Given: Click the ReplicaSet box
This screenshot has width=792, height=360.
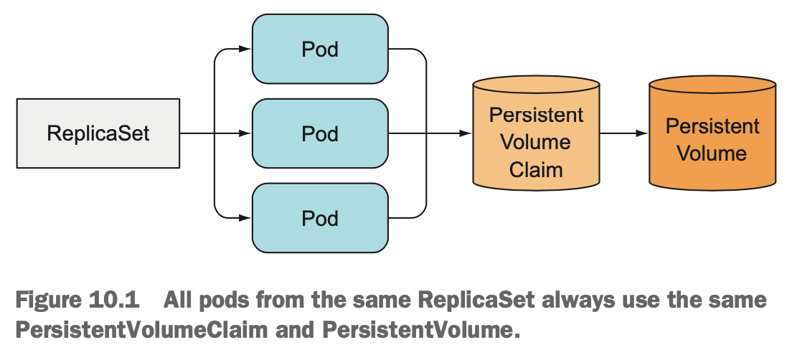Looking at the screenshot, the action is coord(98,133).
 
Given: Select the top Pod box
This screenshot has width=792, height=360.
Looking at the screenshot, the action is coord(320,49).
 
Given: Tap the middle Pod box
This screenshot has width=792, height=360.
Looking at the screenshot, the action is coord(320,133).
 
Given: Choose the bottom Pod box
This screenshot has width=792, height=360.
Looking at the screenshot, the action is coord(320,218).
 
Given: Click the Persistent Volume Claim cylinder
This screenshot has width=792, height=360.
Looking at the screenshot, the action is coord(536,133).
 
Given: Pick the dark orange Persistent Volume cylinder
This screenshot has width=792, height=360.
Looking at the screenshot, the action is coord(712,133).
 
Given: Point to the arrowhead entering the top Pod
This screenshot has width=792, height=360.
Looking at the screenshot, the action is coord(245,49).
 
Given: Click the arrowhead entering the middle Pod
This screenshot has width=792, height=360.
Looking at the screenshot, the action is coord(245,133).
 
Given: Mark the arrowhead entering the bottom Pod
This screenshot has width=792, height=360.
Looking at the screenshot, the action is coord(245,218).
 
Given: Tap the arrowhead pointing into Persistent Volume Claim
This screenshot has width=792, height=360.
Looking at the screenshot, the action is coord(465,133).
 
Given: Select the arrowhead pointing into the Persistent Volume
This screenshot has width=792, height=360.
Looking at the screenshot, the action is coord(641,133).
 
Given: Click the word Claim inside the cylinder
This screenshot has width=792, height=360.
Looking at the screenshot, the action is coord(536,169).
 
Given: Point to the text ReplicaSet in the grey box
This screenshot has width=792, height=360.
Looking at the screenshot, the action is coord(98,134).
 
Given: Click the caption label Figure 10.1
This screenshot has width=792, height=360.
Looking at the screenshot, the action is coord(77,300).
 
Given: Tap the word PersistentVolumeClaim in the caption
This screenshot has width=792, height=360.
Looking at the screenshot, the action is coord(141,330).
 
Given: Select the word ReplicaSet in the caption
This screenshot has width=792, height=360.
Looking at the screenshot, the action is coord(476,300).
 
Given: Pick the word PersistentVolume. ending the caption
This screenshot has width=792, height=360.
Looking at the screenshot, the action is coord(421,330).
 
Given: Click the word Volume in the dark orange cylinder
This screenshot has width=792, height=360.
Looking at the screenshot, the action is coord(712,153).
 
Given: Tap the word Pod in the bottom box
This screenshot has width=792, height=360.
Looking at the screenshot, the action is coord(320,219).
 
